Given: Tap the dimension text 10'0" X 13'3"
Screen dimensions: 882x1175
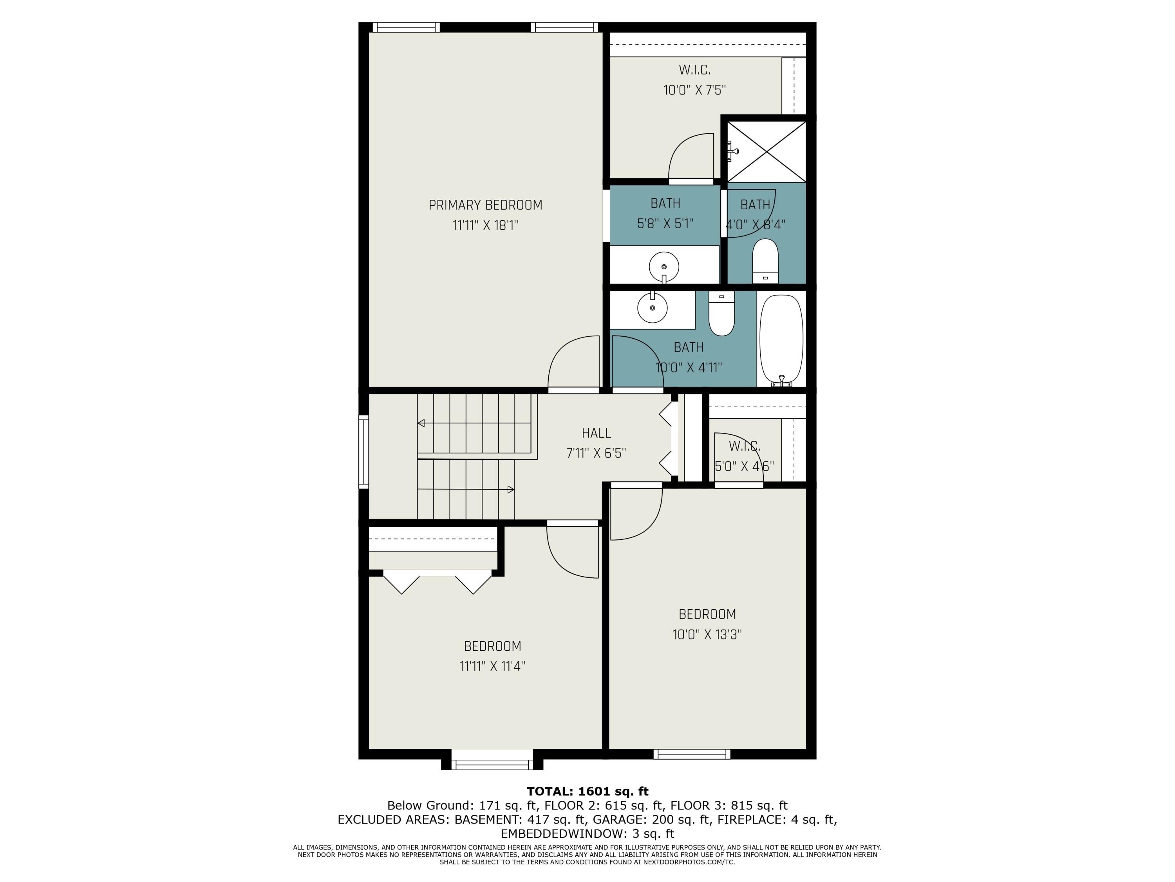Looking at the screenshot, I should click(x=707, y=634).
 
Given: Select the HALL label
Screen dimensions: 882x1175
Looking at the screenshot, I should click(x=596, y=433).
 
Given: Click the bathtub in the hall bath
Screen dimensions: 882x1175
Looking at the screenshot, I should click(x=781, y=340).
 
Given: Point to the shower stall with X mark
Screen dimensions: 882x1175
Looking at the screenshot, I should click(x=766, y=152).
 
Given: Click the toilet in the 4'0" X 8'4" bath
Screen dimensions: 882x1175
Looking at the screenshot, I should click(x=765, y=261).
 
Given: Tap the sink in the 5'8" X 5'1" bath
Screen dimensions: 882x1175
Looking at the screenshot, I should click(x=663, y=266).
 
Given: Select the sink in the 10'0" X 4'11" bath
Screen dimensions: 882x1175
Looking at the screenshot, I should click(x=652, y=307).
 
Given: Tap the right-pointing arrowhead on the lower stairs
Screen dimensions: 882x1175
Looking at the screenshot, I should click(x=510, y=490).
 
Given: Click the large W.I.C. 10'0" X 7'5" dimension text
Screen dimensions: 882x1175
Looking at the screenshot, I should click(x=694, y=90).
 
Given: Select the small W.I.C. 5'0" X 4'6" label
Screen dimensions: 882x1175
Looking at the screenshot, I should click(x=744, y=446).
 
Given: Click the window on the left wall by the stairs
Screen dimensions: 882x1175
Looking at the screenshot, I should click(x=364, y=452).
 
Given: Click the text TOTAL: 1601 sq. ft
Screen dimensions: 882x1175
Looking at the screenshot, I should click(x=587, y=791).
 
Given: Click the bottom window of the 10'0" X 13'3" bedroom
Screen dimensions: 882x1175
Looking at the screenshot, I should click(x=692, y=753).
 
